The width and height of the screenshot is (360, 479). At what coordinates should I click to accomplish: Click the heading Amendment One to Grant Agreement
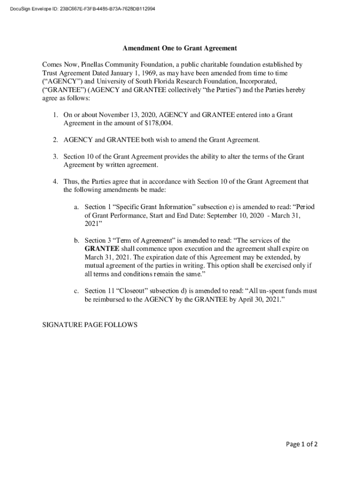(180, 48)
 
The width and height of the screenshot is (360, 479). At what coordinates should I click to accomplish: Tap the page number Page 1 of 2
(299, 444)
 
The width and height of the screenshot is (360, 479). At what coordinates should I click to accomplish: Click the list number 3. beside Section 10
(55, 157)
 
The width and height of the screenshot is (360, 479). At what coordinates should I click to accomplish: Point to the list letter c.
(76, 291)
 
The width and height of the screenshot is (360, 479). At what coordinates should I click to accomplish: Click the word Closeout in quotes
(136, 291)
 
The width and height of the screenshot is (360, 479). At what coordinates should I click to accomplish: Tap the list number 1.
(55, 115)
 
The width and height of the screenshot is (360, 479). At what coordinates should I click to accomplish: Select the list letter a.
(76, 207)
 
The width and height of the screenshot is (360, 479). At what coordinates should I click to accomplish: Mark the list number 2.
(55, 140)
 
